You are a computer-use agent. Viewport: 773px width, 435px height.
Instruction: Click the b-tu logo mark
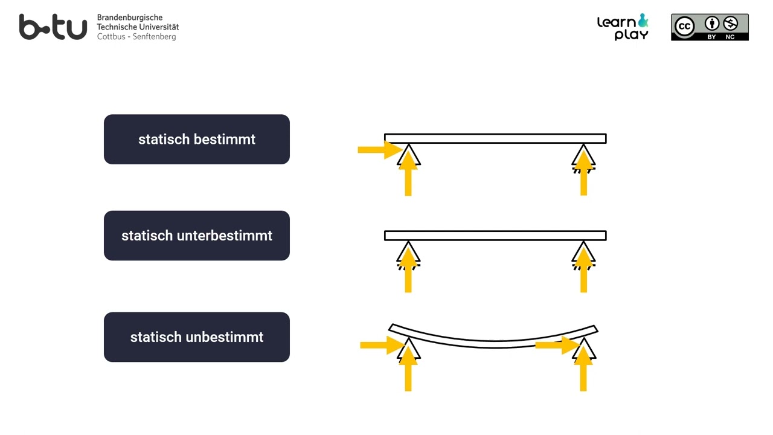[53, 27]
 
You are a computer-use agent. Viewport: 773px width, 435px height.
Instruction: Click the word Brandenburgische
[130, 18]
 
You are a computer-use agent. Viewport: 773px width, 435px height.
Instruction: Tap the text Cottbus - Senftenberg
[136, 37]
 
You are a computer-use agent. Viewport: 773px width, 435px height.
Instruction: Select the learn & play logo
[623, 27]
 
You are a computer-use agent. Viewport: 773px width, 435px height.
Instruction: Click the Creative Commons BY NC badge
[710, 27]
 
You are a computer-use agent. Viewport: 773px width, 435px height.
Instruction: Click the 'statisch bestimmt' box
[197, 139]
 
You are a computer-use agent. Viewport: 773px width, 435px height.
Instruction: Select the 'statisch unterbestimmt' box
[197, 236]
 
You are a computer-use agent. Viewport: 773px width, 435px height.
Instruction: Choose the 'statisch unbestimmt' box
[197, 337]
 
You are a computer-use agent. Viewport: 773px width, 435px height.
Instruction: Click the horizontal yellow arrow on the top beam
[380, 150]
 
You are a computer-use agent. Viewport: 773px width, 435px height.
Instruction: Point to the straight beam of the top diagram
[495, 138]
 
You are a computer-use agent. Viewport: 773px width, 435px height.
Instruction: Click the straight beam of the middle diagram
[495, 236]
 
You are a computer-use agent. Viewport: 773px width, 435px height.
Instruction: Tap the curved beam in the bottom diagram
[493, 344]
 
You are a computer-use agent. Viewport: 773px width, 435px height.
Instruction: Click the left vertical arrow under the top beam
[408, 173]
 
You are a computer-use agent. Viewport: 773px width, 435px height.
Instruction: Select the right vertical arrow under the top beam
[583, 173]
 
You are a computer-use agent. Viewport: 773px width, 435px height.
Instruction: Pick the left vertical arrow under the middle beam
[408, 270]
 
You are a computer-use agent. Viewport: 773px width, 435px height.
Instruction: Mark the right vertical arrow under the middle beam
[583, 270]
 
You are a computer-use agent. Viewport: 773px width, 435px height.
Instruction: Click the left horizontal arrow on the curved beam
[382, 345]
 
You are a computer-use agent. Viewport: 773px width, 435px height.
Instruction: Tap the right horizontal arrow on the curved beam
[557, 345]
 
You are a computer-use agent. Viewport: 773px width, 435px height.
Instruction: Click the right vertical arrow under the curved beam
[583, 369]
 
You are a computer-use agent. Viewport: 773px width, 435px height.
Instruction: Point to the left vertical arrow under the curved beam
[408, 369]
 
